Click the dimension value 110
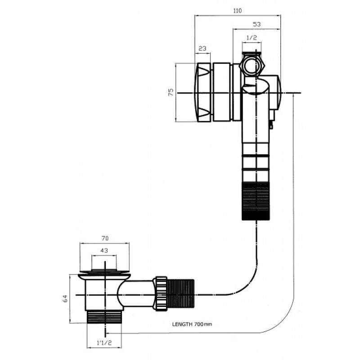238,11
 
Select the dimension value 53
256,24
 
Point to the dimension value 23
202,48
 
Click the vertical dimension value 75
171,93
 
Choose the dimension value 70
104,238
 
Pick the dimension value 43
104,251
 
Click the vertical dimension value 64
65,298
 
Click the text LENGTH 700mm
192,324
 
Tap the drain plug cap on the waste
104,271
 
